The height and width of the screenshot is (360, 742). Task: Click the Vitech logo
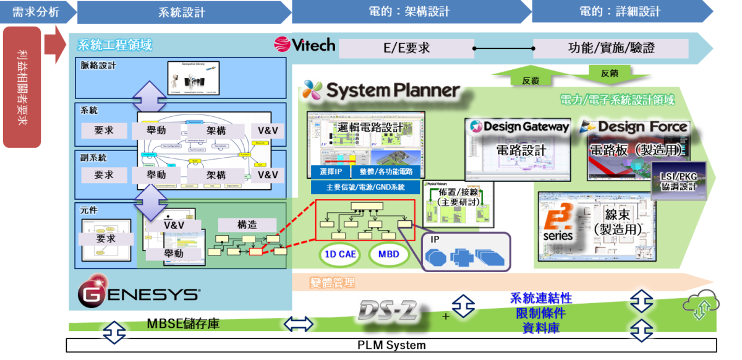pos(304,45)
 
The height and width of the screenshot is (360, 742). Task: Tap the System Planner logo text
pos(382,91)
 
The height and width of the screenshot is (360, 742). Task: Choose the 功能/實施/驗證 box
pos(610,48)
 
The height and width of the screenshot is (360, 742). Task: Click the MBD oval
pos(389,254)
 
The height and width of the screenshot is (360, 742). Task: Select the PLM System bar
pos(391,345)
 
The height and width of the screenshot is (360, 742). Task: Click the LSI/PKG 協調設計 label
pos(678,181)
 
